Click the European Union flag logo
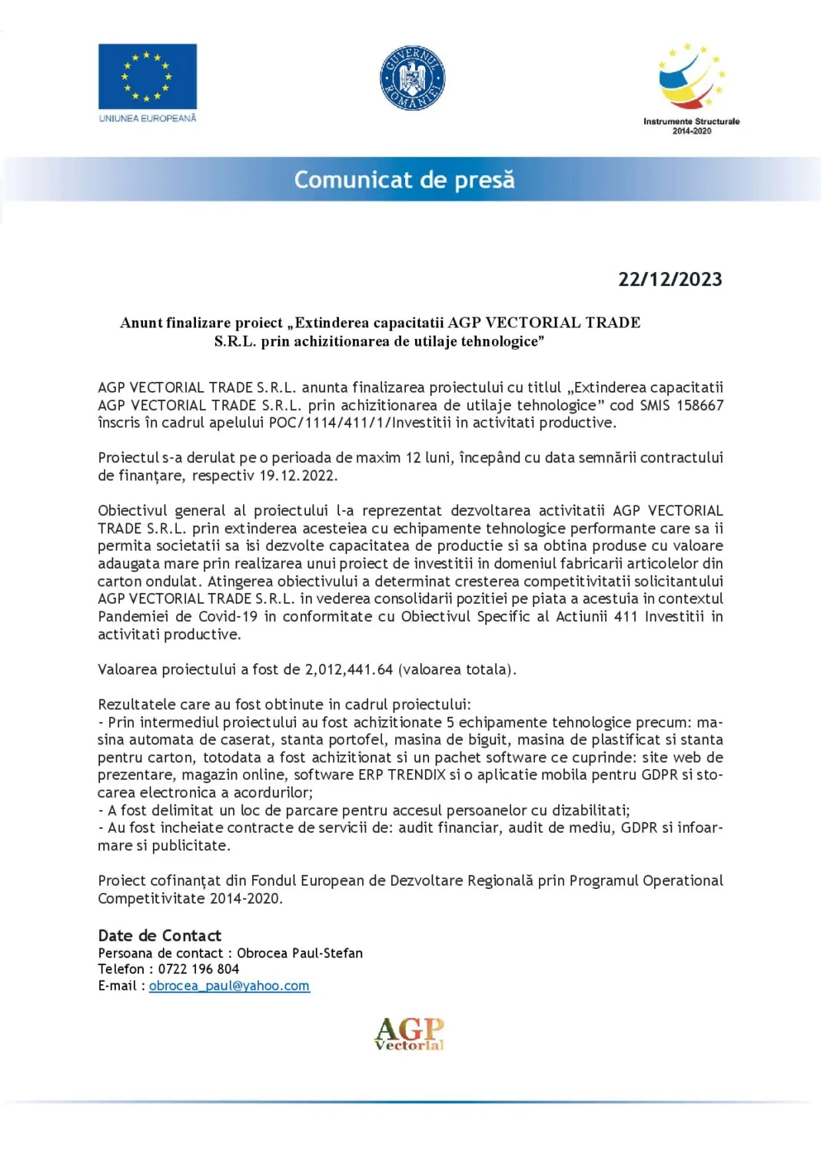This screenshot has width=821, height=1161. tap(147, 76)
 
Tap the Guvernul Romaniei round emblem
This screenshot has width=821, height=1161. tap(413, 78)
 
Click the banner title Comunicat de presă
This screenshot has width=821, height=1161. tap(404, 180)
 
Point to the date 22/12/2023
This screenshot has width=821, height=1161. tap(670, 279)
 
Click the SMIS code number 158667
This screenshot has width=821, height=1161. tap(700, 405)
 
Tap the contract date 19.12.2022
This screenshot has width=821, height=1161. tap(297, 476)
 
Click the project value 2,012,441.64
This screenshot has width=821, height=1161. tap(348, 669)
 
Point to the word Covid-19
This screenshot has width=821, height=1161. tap(228, 616)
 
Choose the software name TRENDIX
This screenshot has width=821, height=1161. tap(417, 775)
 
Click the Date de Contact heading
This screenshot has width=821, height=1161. tap(159, 935)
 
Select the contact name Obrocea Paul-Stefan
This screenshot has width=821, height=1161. tap(299, 953)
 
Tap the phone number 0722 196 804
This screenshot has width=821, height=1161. tap(198, 969)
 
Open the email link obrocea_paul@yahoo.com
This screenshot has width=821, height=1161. tap(229, 986)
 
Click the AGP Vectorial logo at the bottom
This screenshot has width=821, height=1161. tap(409, 1033)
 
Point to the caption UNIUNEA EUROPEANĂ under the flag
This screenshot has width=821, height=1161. tap(147, 118)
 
